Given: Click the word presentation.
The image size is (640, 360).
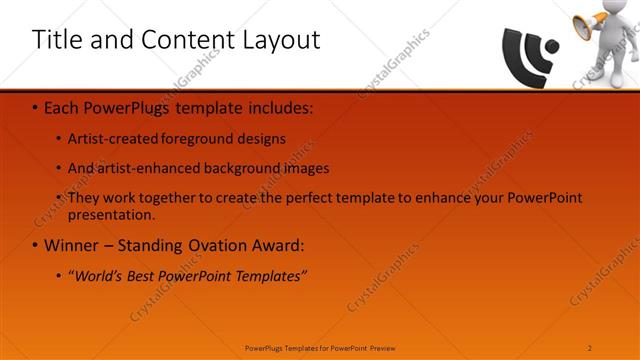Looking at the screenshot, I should (x=110, y=214).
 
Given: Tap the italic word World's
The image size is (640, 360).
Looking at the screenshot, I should (x=100, y=275).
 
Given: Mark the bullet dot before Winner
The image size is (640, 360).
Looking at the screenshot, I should (x=35, y=246).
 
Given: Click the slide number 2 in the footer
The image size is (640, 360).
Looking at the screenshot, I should (x=590, y=347).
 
